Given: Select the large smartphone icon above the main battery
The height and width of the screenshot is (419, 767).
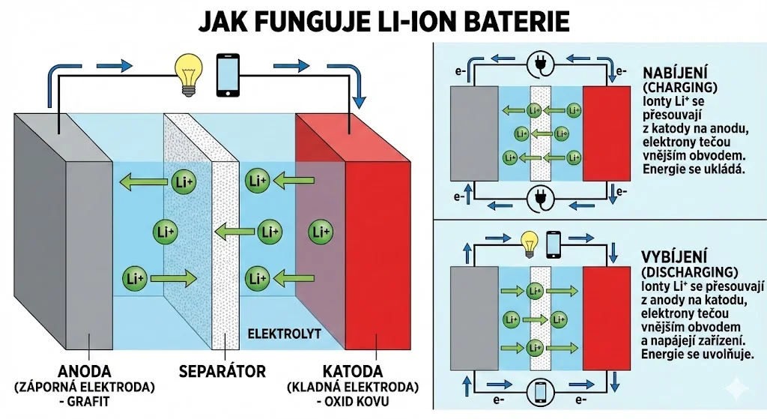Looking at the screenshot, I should [x=228, y=74].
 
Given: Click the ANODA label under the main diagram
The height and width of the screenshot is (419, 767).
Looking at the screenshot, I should [x=84, y=371].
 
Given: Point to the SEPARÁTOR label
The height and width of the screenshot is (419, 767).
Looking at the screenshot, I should [x=222, y=371].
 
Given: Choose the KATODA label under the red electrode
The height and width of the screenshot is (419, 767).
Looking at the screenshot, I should [x=353, y=371].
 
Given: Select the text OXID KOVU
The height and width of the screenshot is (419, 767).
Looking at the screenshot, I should [x=356, y=401].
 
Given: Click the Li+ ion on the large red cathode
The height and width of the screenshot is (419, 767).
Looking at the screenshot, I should [x=321, y=232].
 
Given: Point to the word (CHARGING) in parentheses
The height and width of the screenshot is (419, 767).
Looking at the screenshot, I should [x=672, y=87].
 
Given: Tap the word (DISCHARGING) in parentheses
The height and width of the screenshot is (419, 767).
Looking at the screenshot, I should [x=690, y=271].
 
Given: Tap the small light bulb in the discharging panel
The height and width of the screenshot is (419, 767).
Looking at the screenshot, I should [x=530, y=241].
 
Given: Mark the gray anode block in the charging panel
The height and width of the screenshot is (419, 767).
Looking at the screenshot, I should [x=473, y=133].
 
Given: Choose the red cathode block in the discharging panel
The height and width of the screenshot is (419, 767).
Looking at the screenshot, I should [x=606, y=319].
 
